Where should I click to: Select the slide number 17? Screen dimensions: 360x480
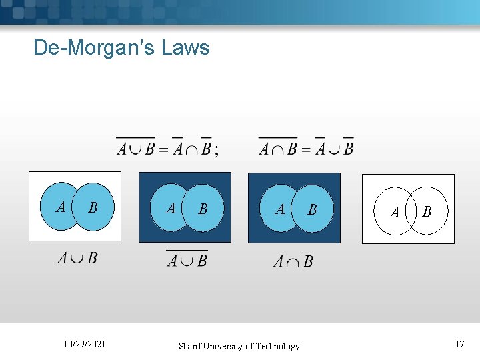[x=459, y=344]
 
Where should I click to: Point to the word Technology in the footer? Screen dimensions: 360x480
[x=275, y=346]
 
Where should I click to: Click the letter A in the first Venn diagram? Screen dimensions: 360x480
[x=61, y=207]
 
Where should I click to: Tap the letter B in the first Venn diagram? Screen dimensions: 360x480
[x=93, y=207]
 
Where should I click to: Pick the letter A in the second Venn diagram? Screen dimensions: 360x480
[x=171, y=209]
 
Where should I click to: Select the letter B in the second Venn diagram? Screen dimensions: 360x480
[x=203, y=209]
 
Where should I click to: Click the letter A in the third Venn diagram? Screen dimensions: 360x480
[x=280, y=209]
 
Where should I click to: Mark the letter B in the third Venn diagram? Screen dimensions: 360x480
[x=311, y=209]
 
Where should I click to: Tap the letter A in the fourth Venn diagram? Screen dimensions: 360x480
[x=394, y=213]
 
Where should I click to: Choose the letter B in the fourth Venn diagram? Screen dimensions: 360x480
[x=427, y=211]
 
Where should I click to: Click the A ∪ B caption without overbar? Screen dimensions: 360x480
[x=77, y=258]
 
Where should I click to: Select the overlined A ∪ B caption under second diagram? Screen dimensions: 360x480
[x=187, y=259]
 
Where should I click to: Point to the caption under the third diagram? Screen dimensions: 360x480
[x=293, y=260]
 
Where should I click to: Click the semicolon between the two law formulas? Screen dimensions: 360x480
[x=216, y=150]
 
